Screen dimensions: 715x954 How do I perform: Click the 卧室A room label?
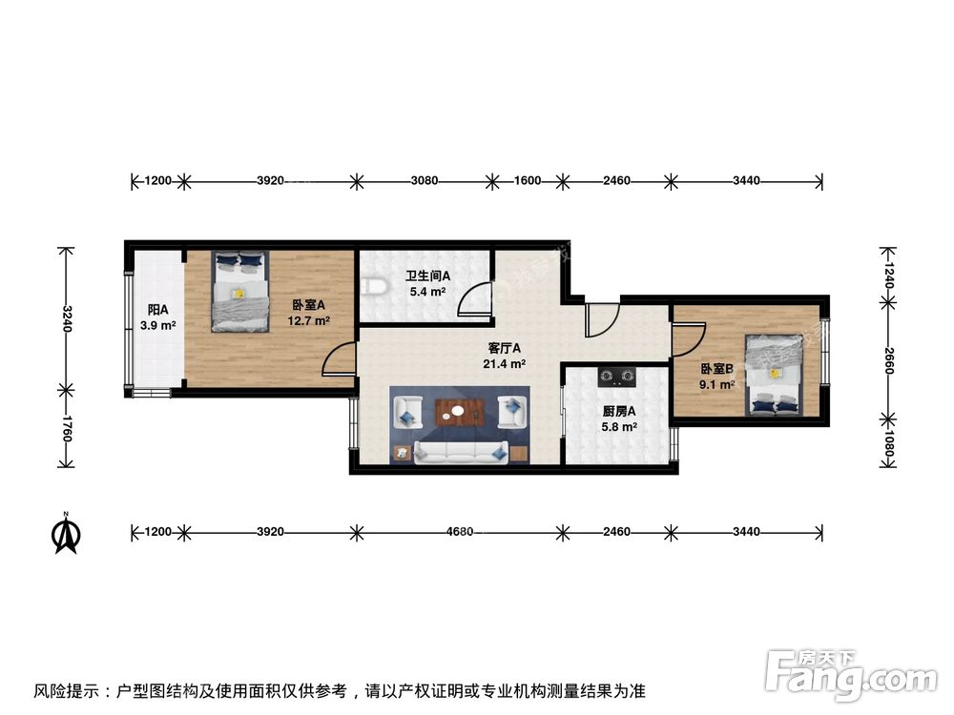click(x=309, y=305)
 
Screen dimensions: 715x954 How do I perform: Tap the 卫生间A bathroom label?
click(x=429, y=276)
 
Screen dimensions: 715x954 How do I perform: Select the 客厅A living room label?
click(x=504, y=348)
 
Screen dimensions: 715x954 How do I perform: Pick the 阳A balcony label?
click(x=157, y=310)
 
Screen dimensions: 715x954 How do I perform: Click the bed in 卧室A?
click(x=238, y=291)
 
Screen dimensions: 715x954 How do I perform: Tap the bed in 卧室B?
click(x=774, y=376)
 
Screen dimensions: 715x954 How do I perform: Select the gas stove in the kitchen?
click(x=617, y=377)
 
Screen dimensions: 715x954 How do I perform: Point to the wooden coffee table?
click(x=461, y=413)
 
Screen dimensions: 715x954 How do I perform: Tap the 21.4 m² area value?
click(x=504, y=363)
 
